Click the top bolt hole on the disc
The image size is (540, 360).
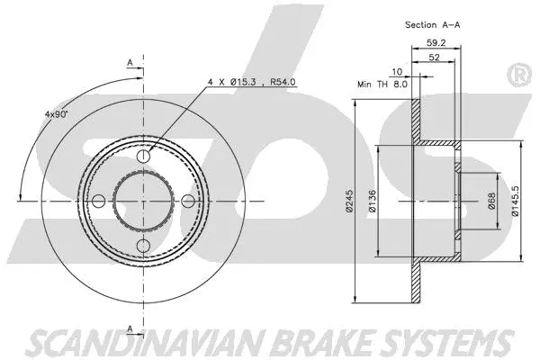click(143, 158)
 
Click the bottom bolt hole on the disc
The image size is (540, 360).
click(143, 245)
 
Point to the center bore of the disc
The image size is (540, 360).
click(143, 202)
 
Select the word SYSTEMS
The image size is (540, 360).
click(442, 342)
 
